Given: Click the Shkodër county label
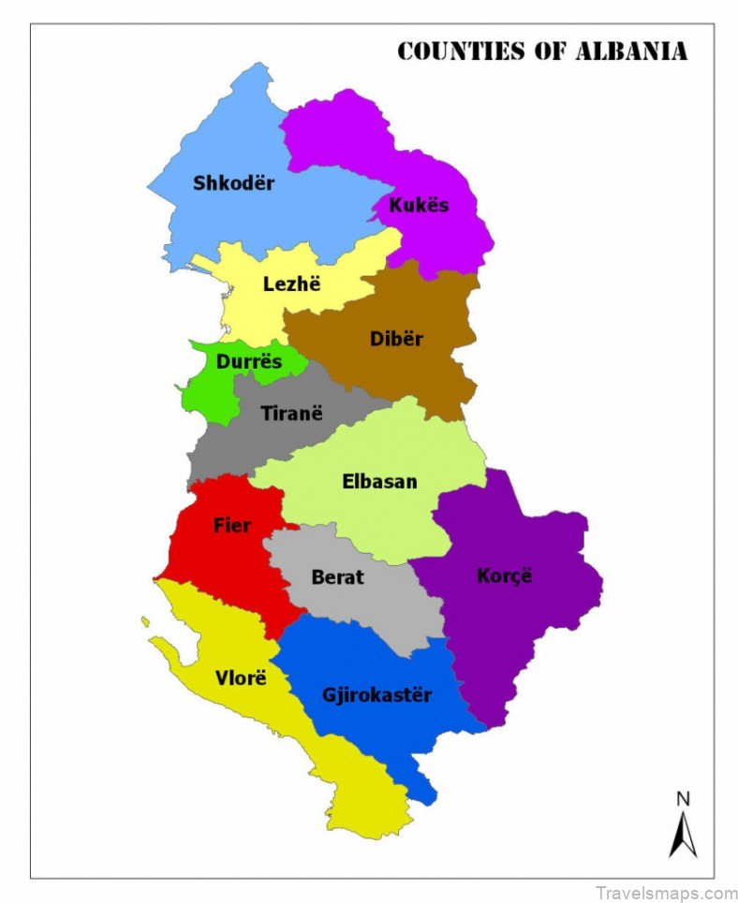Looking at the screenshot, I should click(233, 183).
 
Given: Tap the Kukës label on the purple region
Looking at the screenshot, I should click(419, 205).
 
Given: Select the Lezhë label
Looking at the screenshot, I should click(291, 284).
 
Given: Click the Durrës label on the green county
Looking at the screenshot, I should click(248, 361).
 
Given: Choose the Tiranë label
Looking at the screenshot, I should click(291, 412).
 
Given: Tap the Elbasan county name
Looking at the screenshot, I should click(379, 482).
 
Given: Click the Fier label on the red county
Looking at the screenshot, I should click(231, 525).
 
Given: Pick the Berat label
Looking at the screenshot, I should click(337, 576).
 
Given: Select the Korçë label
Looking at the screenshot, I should click(504, 575).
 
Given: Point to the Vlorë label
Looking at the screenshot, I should click(240, 677).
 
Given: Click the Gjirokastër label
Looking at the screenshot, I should click(376, 695).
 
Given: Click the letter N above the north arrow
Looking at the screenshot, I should click(683, 798).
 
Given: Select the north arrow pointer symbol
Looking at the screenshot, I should click(683, 835).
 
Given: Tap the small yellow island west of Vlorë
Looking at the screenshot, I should click(145, 620).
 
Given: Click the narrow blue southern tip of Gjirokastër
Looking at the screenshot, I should click(424, 792).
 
